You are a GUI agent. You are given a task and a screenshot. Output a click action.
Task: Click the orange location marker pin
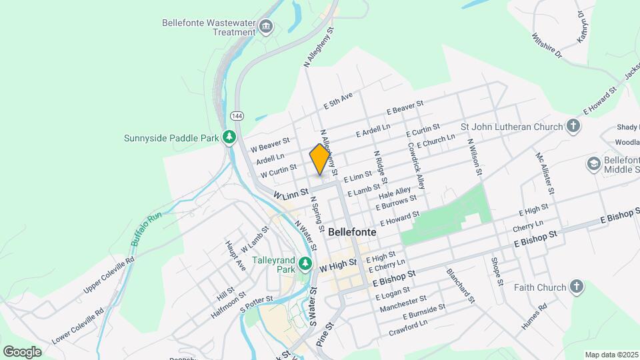(320, 159)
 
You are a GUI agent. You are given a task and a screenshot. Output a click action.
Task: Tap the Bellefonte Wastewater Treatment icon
(266, 27)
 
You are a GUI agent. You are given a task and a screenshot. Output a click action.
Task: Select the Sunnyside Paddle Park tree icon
(230, 137)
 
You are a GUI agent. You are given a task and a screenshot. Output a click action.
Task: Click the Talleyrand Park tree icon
(305, 264)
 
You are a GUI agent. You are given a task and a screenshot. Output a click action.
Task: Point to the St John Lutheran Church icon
(573, 126)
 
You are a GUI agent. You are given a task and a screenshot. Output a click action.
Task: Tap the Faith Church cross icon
(577, 287)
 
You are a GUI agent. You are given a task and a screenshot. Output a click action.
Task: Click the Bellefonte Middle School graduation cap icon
(593, 163)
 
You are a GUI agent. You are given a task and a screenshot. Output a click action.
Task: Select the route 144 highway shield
(239, 116)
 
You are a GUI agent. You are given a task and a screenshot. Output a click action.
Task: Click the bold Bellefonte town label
(352, 232)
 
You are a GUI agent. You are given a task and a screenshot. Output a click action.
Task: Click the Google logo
(22, 351)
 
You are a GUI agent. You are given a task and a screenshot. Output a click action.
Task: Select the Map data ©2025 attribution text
(611, 355)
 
